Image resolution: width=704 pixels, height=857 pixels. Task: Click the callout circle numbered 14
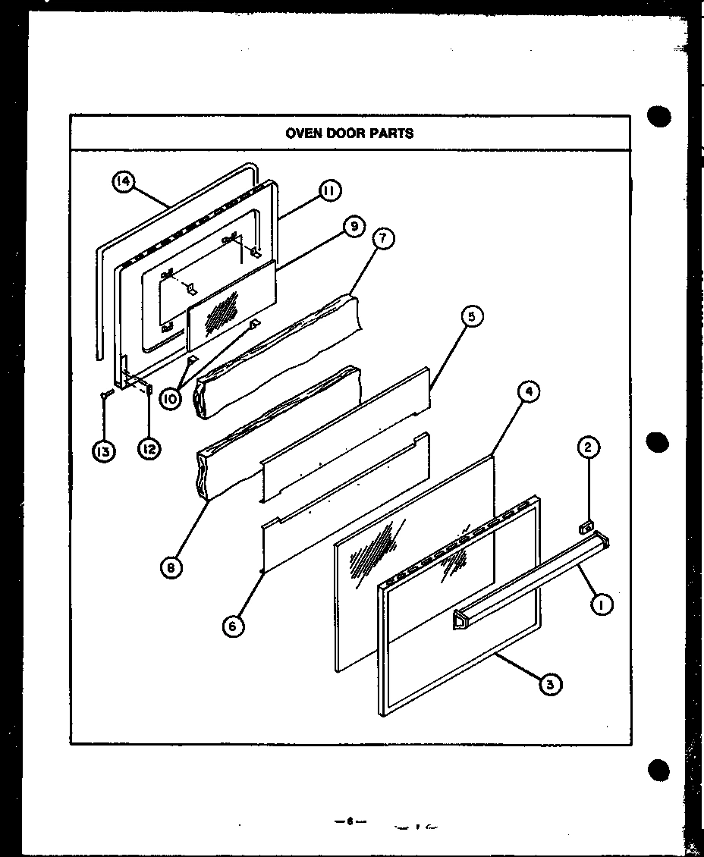(124, 183)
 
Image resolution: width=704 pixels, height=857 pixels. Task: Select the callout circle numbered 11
(329, 191)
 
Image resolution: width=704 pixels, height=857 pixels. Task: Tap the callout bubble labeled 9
(353, 227)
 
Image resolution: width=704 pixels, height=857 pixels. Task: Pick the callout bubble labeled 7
(383, 239)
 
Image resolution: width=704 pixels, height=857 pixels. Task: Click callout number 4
(528, 393)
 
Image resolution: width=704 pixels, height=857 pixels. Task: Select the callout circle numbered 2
(588, 448)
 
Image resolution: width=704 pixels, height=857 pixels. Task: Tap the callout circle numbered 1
(602, 604)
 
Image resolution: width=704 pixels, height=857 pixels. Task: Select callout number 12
(149, 450)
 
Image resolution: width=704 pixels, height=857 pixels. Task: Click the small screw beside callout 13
(106, 393)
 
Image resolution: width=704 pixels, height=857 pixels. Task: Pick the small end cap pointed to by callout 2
(586, 525)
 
